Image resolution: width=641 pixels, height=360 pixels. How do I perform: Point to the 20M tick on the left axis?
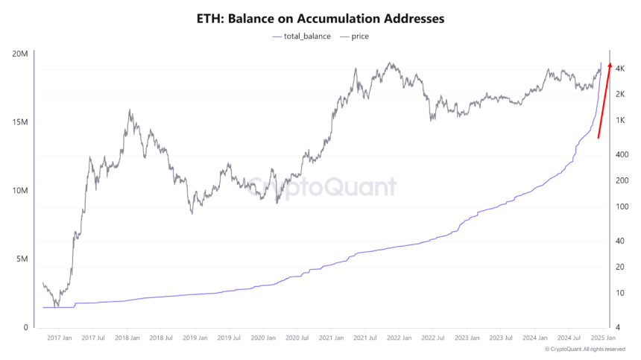(x=20, y=54)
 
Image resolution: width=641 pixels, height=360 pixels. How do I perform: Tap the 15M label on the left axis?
(x=20, y=122)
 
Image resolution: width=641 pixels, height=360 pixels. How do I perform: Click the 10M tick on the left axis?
(x=20, y=191)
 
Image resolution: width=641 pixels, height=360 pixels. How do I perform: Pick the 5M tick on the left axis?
(x=22, y=259)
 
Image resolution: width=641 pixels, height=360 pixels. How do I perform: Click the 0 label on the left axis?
(x=25, y=328)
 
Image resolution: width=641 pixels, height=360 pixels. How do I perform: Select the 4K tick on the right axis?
(x=619, y=69)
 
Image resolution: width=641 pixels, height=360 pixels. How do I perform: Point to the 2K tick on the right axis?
(x=619, y=94)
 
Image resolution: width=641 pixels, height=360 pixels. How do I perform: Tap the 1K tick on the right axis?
(x=619, y=121)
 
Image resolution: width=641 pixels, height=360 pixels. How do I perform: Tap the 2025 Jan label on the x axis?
(x=604, y=338)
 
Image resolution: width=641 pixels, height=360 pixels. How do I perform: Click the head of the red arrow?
(x=610, y=66)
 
